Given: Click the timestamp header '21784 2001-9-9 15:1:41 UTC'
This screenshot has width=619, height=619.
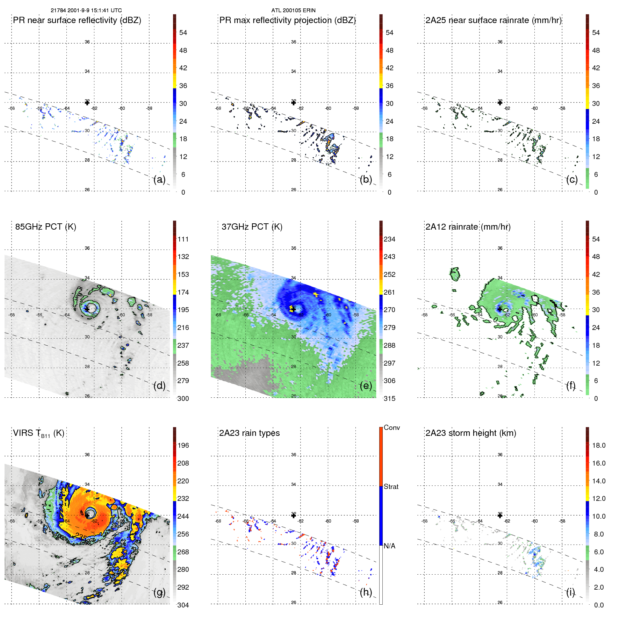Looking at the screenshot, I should pyautogui.click(x=86, y=10).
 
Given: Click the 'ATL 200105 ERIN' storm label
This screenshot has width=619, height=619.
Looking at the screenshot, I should pyautogui.click(x=293, y=10).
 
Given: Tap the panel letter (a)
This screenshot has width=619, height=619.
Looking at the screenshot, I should pyautogui.click(x=159, y=180).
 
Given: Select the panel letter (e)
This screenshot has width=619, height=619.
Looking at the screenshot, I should pyautogui.click(x=366, y=386).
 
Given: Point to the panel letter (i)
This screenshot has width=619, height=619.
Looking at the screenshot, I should pyautogui.click(x=570, y=592).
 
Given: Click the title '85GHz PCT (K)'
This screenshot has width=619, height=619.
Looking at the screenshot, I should pyautogui.click(x=45, y=227).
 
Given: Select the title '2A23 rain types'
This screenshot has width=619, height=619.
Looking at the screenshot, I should pyautogui.click(x=249, y=433).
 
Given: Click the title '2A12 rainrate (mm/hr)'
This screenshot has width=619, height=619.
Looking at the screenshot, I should pyautogui.click(x=468, y=227).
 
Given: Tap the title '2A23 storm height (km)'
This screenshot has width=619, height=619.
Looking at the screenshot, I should pyautogui.click(x=470, y=433).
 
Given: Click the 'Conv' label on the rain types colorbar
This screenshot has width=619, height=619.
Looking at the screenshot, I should pyautogui.click(x=391, y=428).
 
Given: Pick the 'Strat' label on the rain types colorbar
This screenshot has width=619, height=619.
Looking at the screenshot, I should pyautogui.click(x=391, y=487).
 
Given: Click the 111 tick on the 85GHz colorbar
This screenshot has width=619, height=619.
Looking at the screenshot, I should pyautogui.click(x=183, y=239).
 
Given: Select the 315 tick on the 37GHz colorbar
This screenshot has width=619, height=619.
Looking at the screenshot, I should pyautogui.click(x=389, y=399).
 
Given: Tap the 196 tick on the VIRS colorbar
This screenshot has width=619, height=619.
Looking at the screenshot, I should pyautogui.click(x=183, y=446).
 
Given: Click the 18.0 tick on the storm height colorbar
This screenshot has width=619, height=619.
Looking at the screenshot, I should pyautogui.click(x=598, y=446).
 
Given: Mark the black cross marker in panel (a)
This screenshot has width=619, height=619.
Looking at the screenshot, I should pyautogui.click(x=87, y=102).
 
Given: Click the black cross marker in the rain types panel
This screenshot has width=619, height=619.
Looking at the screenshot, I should pyautogui.click(x=294, y=516).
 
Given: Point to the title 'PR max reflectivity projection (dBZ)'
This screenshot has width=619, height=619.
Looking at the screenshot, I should pyautogui.click(x=287, y=20).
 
